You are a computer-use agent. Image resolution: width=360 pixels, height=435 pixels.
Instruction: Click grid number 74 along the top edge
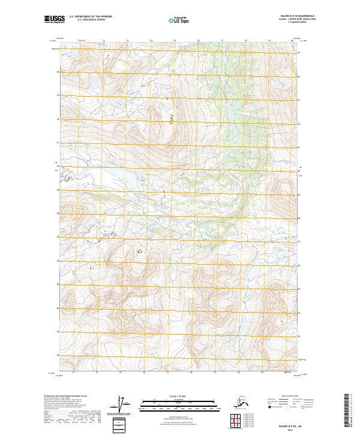[x=151, y=41]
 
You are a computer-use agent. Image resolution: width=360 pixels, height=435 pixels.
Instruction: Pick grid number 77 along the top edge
[x=222, y=41]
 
